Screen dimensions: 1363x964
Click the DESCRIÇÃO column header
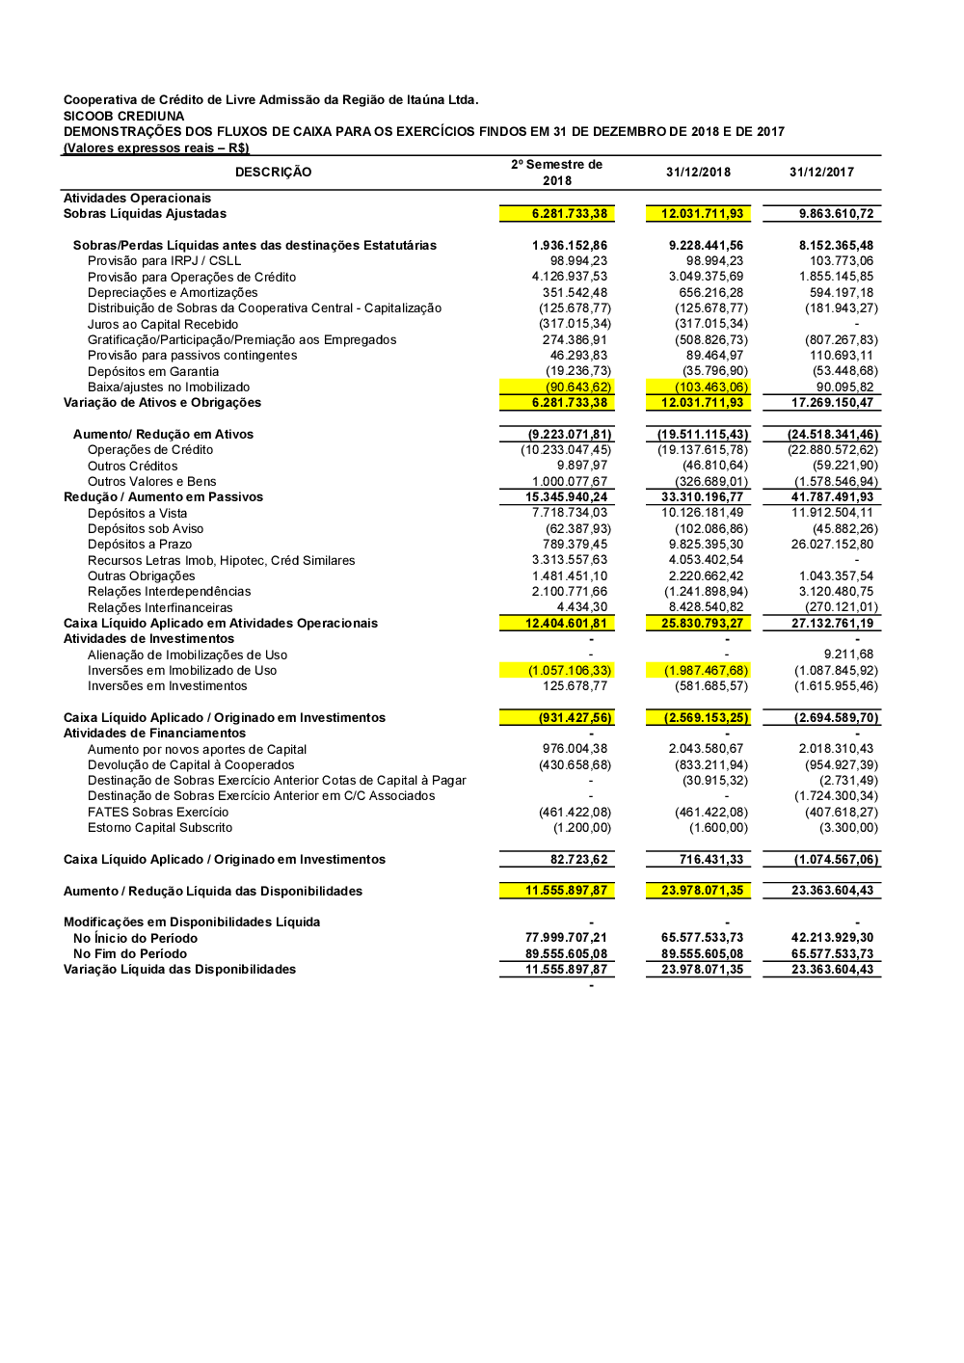[273, 172]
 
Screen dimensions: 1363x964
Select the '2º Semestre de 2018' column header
[556, 173]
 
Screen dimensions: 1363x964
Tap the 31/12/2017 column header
[821, 172]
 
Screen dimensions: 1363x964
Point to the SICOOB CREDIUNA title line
[123, 116]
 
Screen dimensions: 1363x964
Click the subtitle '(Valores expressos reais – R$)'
[156, 147]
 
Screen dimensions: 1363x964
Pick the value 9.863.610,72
[836, 214]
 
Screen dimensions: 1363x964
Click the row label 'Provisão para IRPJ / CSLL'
[164, 261]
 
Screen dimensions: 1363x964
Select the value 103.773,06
[842, 261]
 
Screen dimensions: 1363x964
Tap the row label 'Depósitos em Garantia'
[152, 371]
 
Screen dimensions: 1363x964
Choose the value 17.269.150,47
[832, 403]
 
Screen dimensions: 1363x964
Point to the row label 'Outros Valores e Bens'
[151, 481]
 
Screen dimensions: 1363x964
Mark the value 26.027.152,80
[832, 545]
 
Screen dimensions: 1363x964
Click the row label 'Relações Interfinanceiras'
[160, 607]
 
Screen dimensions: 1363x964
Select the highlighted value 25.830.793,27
[702, 624]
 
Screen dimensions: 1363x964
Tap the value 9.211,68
[848, 655]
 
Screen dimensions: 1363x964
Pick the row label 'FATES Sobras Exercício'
[158, 812]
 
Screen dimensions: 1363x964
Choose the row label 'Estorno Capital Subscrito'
[160, 828]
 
